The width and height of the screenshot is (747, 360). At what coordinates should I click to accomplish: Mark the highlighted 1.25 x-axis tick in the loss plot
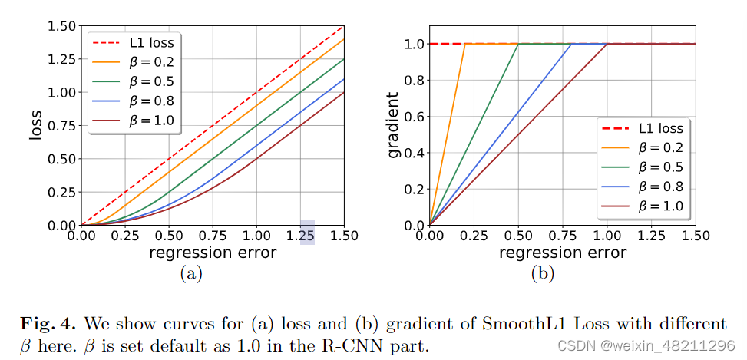pyautogui.click(x=306, y=235)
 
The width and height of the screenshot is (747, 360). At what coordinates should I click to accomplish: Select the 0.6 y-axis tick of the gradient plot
pyautogui.click(x=415, y=117)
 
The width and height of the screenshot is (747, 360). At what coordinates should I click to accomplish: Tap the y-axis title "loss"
pyautogui.click(x=35, y=124)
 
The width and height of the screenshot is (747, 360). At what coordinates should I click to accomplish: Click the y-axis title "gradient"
pyautogui.click(x=393, y=124)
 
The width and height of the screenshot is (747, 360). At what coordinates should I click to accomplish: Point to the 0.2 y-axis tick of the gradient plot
pyautogui.click(x=415, y=189)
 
